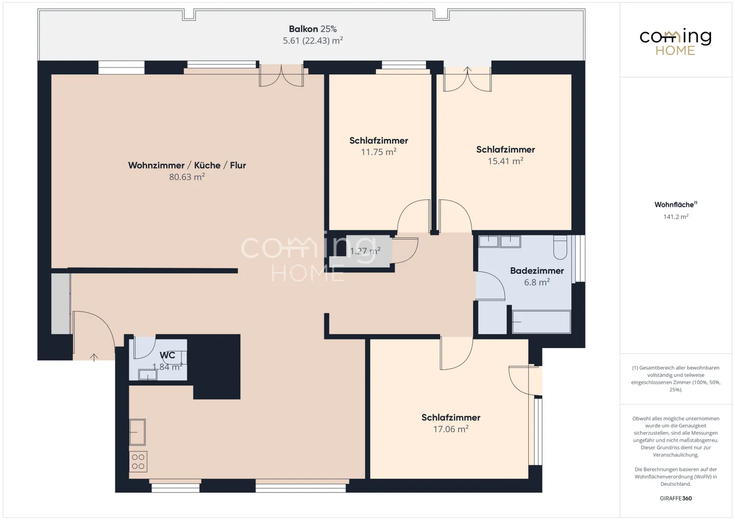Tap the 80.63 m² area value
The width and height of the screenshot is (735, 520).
coord(187,177)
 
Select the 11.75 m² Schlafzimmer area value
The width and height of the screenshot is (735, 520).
coord(379,152)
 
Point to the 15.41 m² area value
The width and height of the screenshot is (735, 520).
coord(506,161)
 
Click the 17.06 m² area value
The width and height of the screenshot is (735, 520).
coord(451,429)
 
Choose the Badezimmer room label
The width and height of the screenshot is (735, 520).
coord(537,270)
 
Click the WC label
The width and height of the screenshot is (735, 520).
coord(167,355)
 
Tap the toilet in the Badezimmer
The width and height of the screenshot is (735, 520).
coord(560,247)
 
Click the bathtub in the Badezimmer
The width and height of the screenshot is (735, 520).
coord(542,322)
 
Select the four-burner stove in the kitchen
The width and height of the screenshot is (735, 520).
coord(138,462)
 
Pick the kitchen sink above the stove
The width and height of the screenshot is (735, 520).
coord(137,432)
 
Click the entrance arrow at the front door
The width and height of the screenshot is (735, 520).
coord(94,357)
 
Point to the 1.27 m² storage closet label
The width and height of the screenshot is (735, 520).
coord(365,251)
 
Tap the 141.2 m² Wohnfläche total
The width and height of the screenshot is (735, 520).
coord(676,216)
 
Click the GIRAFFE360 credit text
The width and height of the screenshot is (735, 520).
coord(676,499)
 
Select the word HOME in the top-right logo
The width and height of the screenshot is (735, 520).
coord(675,51)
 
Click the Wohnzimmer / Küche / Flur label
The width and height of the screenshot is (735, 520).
coord(187,165)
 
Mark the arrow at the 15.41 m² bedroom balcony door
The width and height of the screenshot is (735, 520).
coord(468,70)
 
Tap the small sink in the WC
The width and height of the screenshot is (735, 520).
coord(148,375)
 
